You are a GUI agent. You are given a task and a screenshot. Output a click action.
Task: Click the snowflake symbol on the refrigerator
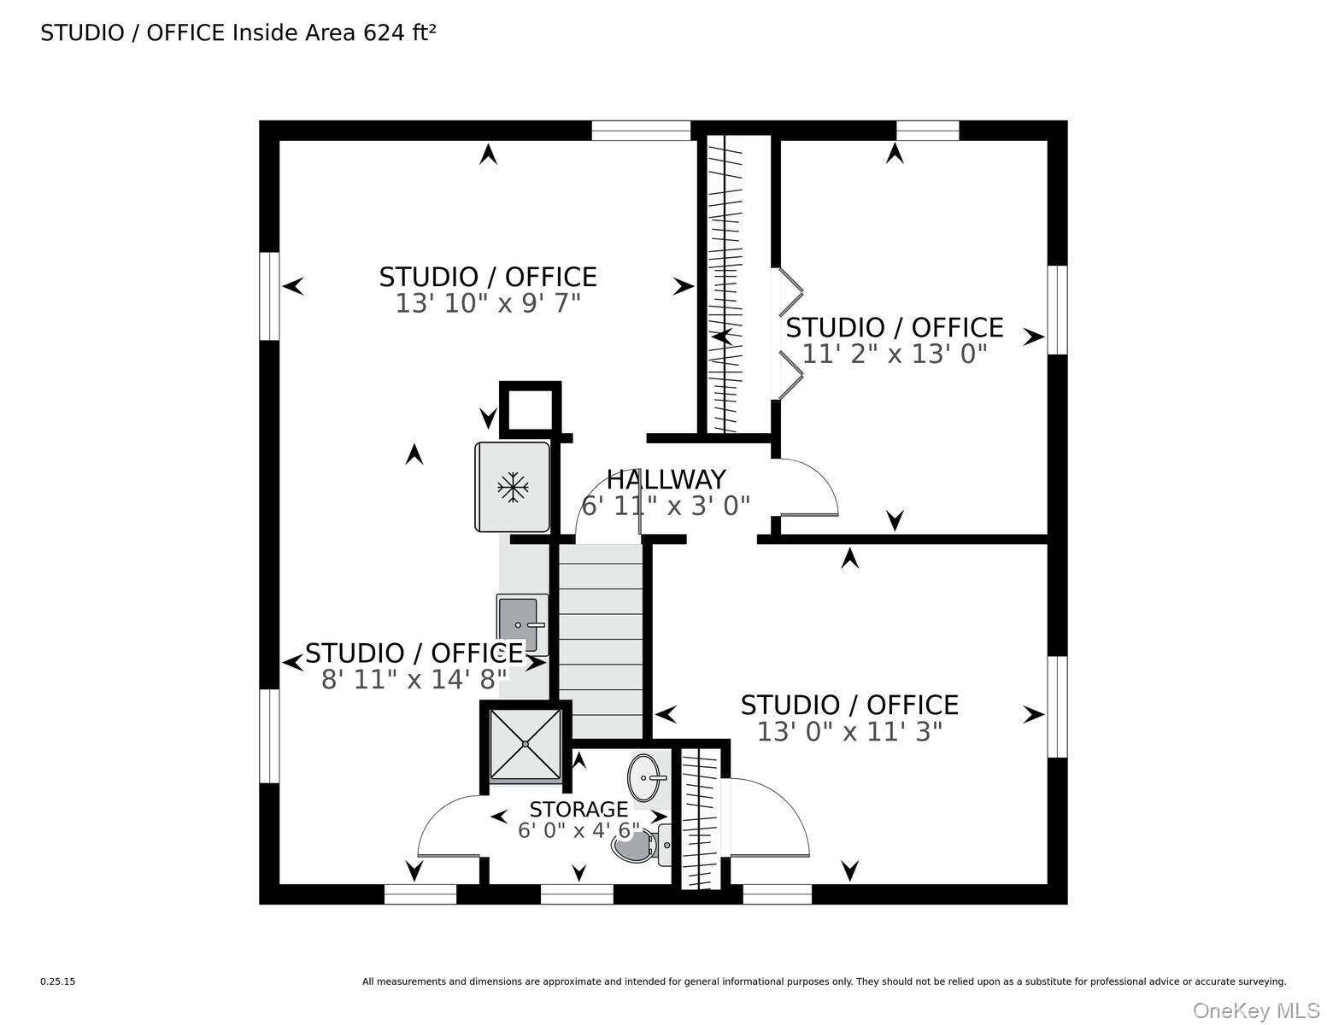pos(513,487)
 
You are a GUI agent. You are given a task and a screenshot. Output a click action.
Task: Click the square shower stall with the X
pos(526,745)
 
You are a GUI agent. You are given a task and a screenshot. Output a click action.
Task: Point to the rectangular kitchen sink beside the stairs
pos(522,624)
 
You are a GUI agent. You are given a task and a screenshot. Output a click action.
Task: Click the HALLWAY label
pos(666,480)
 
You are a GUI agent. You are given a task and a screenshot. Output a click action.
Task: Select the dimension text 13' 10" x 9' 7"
pos(488,303)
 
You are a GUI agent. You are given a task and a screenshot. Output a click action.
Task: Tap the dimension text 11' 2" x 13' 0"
pos(894,354)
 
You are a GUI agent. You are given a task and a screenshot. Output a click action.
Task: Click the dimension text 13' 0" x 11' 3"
pos(849,731)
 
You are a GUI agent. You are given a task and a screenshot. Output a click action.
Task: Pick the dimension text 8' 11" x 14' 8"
pos(414,679)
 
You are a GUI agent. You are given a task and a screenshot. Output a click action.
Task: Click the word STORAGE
pos(578,810)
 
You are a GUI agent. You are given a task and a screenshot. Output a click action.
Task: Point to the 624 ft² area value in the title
pos(399,32)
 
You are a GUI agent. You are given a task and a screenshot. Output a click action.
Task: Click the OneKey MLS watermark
pos(1256,1010)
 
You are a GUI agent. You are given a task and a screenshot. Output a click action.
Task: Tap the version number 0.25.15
pos(58,981)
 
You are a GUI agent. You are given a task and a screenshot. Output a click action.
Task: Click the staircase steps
pos(601,641)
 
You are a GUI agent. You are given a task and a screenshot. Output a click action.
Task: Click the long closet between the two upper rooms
pos(737,284)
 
